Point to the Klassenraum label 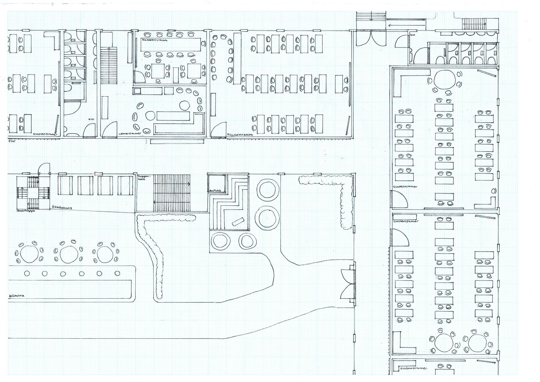pyautogui.click(x=240, y=134)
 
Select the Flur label pyautogui.click(x=12, y=141)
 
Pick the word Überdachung pyautogui.click(x=62, y=207)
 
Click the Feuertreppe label pyautogui.click(x=26, y=210)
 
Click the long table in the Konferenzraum pyautogui.click(x=170, y=44)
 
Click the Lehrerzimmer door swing pyautogui.click(x=110, y=129)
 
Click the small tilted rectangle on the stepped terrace pyautogui.click(x=238, y=222)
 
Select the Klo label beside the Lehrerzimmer pyautogui.click(x=91, y=119)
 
